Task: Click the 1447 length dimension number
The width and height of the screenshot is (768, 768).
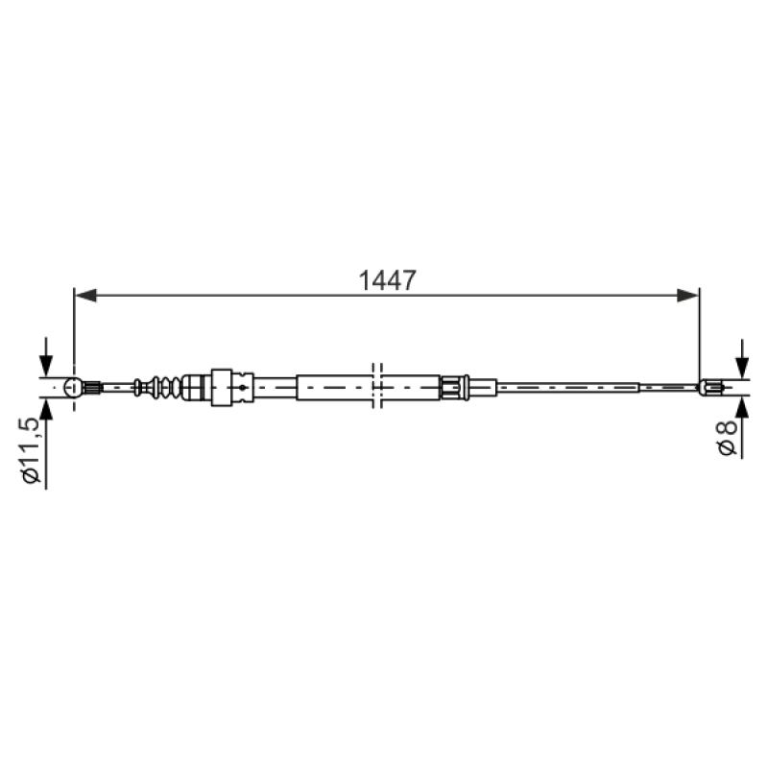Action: [x=387, y=280]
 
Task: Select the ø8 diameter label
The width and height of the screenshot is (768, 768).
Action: [x=727, y=438]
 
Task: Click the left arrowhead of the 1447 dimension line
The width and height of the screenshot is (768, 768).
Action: [x=85, y=296]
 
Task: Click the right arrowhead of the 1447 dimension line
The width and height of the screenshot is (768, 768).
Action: [x=687, y=296]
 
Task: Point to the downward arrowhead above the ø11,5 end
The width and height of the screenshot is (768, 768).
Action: [x=46, y=366]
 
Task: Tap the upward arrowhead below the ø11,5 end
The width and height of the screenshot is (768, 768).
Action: [x=46, y=410]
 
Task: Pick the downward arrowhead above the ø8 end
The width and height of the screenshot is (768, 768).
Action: [x=742, y=368]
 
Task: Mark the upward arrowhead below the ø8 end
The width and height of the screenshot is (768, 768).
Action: [x=742, y=406]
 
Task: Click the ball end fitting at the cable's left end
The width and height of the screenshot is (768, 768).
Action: [x=74, y=388]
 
